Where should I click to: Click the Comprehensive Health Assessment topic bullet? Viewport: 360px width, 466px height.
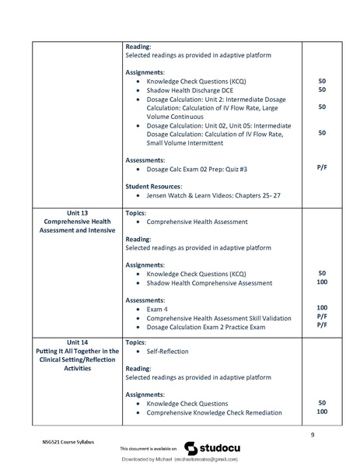pyautogui.click(x=197, y=222)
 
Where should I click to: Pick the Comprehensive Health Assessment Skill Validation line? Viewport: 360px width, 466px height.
pyautogui.click(x=218, y=318)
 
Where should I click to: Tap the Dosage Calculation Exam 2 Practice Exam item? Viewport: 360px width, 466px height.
pyautogui.click(x=206, y=328)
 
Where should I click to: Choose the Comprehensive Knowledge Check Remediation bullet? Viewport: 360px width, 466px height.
pyautogui.click(x=214, y=413)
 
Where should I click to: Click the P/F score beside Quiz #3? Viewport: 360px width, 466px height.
pyautogui.click(x=321, y=168)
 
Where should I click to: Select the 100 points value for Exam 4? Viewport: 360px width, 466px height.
pyautogui.click(x=321, y=308)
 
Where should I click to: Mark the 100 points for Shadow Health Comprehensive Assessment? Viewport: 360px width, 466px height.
pyautogui.click(x=321, y=283)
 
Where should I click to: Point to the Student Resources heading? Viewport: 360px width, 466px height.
pyautogui.click(x=153, y=187)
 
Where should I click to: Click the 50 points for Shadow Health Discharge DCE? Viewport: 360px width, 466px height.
pyautogui.click(x=321, y=90)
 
